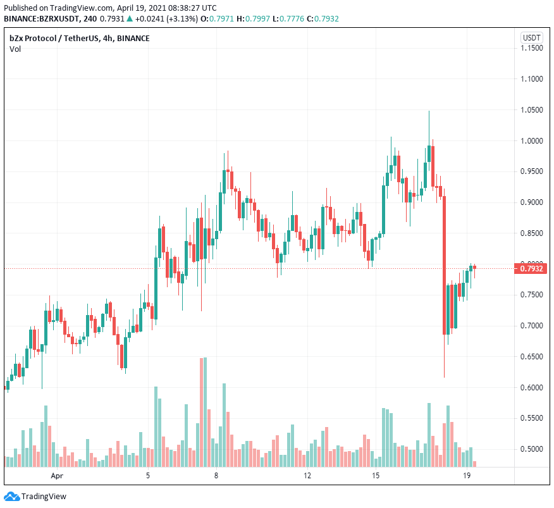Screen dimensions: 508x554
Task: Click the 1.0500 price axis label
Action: click(531, 110)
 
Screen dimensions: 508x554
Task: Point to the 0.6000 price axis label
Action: click(531, 387)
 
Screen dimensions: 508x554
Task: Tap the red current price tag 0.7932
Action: click(531, 269)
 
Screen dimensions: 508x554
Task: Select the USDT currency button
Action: click(531, 38)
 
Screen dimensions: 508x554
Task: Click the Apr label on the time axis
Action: click(58, 475)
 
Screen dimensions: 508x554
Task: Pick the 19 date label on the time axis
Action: click(467, 475)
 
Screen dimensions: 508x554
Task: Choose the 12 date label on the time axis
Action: click(307, 475)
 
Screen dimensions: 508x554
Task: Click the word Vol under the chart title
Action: click(15, 49)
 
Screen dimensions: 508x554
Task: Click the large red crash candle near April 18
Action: click(445, 266)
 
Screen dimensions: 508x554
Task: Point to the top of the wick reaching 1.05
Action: click(429, 111)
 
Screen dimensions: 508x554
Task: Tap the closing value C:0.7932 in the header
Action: click(323, 19)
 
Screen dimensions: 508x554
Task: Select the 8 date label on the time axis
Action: click(216, 475)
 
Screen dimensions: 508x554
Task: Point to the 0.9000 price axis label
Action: click(531, 202)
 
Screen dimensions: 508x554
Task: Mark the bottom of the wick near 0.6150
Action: click(444, 377)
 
